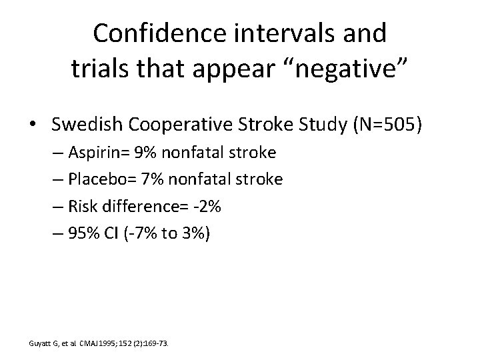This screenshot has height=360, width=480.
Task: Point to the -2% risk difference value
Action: pos(208,206)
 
